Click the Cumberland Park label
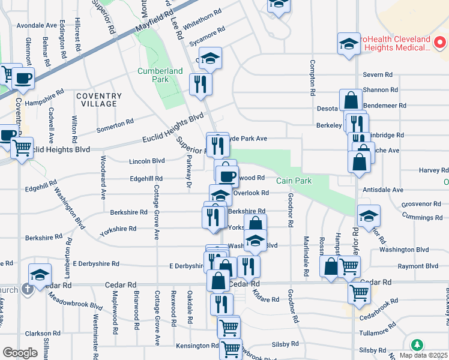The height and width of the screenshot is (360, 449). click(x=160, y=75)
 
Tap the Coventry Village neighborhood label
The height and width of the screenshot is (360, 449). click(x=99, y=100)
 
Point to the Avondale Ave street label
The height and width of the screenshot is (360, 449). click(x=37, y=26)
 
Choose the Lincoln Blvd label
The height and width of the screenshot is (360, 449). click(x=147, y=161)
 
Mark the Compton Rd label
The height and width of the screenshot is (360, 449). click(x=312, y=78)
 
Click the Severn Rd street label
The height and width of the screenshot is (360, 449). click(x=378, y=75)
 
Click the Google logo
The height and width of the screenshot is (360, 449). click(x=20, y=353)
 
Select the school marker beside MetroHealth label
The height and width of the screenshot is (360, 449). click(x=348, y=44)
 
